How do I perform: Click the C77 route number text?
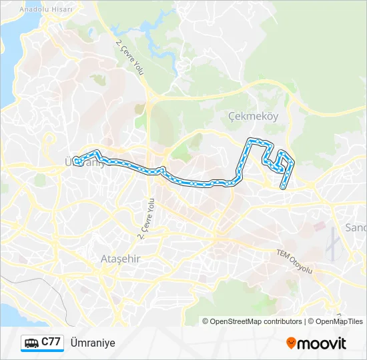[x=52, y=342]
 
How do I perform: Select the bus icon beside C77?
[x=31, y=343]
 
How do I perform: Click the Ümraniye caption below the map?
[x=92, y=343]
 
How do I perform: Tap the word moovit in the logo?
[x=322, y=343]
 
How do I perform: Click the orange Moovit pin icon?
[x=291, y=343]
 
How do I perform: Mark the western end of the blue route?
[x=77, y=161]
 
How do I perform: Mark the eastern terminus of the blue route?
[x=283, y=187]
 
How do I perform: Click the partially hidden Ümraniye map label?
[x=87, y=162]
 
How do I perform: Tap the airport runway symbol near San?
[x=332, y=243]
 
